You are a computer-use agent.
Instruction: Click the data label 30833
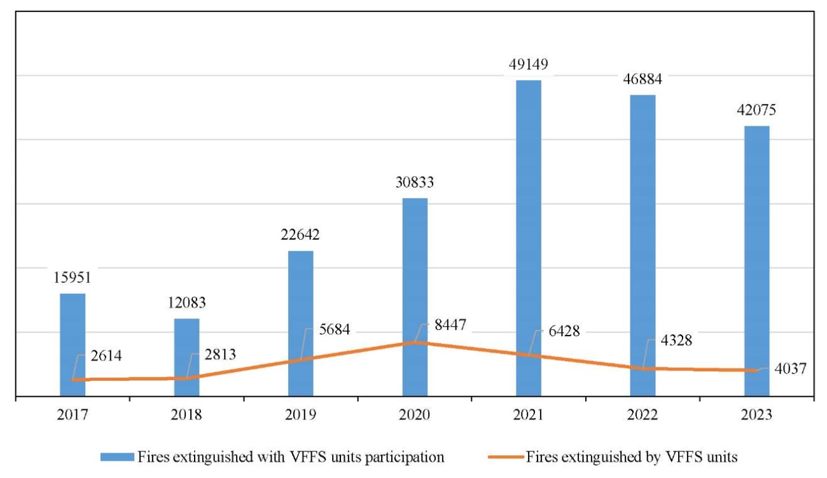(x=415, y=183)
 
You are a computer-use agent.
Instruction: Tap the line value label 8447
(x=446, y=325)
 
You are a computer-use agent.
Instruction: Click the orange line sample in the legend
(x=506, y=457)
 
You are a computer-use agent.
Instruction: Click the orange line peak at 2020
(x=415, y=342)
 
